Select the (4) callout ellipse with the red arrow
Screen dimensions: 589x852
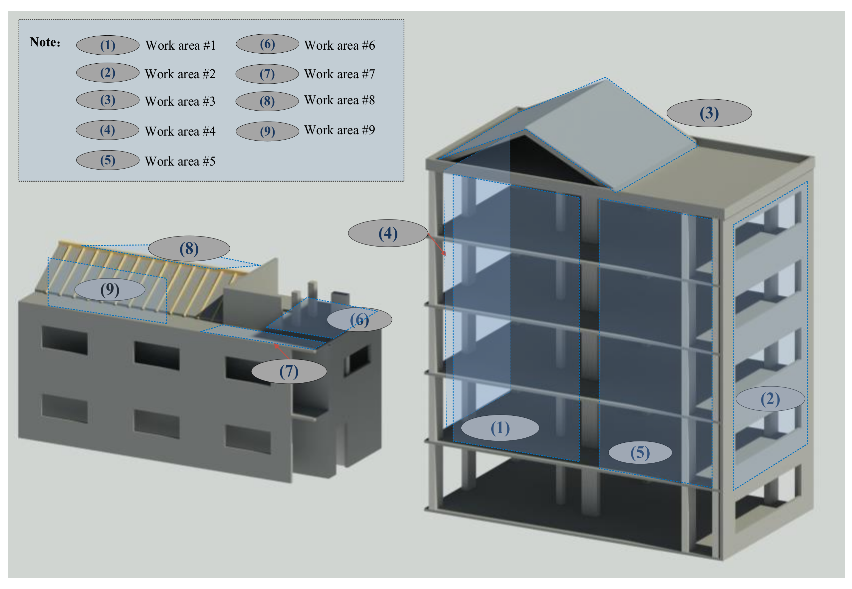tap(387, 233)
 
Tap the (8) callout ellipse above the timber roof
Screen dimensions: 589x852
tap(189, 249)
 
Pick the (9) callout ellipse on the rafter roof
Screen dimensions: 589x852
tap(109, 289)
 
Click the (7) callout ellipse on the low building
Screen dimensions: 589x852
tap(289, 371)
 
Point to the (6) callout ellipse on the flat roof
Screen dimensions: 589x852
tap(359, 319)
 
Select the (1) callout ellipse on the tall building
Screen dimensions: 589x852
tap(500, 428)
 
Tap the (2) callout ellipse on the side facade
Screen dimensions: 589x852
tap(770, 398)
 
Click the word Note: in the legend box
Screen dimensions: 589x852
tap(45, 42)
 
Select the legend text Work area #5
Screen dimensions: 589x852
tap(180, 161)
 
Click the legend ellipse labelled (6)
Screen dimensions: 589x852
tap(267, 44)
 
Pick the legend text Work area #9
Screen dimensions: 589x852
tap(339, 130)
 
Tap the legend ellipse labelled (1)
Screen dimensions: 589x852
tap(107, 45)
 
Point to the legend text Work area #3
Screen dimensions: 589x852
tap(180, 101)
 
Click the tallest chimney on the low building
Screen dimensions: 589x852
tap(312, 294)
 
